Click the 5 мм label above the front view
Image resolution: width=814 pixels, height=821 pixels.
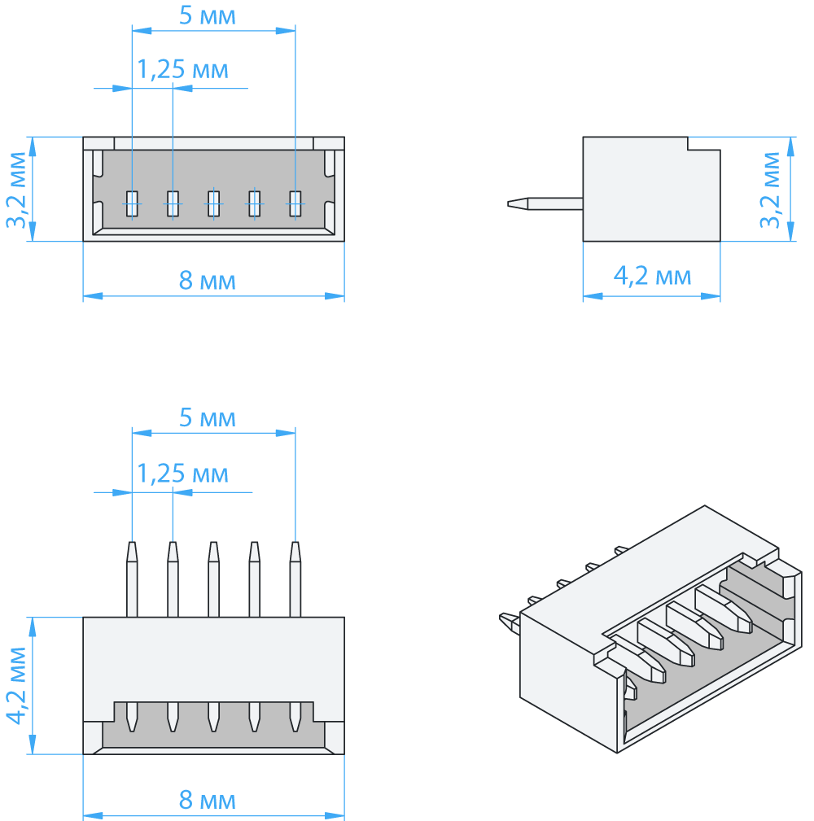coord(208,15)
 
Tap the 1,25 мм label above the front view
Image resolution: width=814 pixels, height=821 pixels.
coord(182,70)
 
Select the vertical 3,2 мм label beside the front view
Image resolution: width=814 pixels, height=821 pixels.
coord(17,190)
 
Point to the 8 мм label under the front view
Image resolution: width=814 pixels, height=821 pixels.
coord(208,282)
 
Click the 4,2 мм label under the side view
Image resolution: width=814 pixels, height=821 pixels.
coord(651,277)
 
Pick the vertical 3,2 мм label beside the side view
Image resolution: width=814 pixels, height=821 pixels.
coord(771,190)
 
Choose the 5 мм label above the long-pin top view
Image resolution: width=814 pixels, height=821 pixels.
coord(208,418)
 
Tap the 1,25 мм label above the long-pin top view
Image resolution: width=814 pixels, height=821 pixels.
coord(182,473)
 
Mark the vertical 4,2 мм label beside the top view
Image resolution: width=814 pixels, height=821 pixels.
coord(17,686)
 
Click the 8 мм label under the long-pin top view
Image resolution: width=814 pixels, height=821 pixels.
coord(208,801)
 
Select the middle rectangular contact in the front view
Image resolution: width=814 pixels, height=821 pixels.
coord(213,203)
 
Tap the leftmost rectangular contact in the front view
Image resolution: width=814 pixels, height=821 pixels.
coord(132,203)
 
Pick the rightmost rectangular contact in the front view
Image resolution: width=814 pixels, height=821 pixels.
coord(295,203)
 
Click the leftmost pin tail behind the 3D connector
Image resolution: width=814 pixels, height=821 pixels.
coord(510,622)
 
